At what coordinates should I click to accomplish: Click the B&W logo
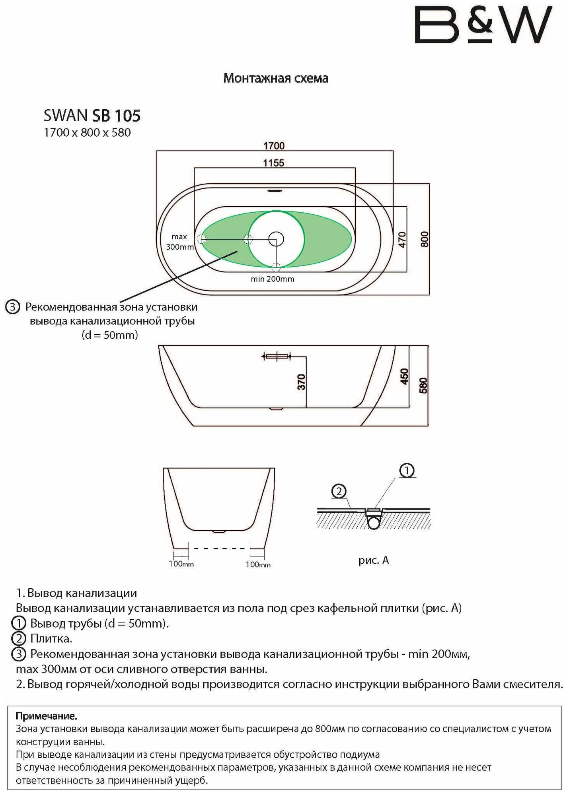(x=483, y=25)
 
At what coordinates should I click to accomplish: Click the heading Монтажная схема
(x=276, y=78)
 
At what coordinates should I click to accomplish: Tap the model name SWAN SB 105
(x=92, y=116)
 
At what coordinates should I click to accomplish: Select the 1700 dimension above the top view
(x=274, y=146)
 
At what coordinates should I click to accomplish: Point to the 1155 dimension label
(x=274, y=163)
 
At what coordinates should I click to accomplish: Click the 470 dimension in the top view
(x=402, y=240)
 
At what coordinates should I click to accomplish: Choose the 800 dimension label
(x=425, y=239)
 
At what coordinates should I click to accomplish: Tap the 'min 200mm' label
(x=273, y=279)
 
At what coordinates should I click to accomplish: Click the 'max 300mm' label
(x=179, y=242)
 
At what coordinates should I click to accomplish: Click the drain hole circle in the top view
(x=276, y=239)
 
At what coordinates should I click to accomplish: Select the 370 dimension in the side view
(x=302, y=382)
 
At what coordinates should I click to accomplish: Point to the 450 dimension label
(x=404, y=376)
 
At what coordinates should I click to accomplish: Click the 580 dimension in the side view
(x=423, y=386)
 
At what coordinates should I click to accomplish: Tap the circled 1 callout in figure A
(x=407, y=471)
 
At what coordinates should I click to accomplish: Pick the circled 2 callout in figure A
(x=339, y=492)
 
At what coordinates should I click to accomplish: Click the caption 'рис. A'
(x=373, y=560)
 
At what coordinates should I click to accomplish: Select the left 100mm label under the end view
(x=181, y=564)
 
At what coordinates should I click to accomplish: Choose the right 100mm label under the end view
(x=258, y=564)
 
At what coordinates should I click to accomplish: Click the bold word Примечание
(x=47, y=716)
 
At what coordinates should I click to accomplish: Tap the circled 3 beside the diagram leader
(x=13, y=307)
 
